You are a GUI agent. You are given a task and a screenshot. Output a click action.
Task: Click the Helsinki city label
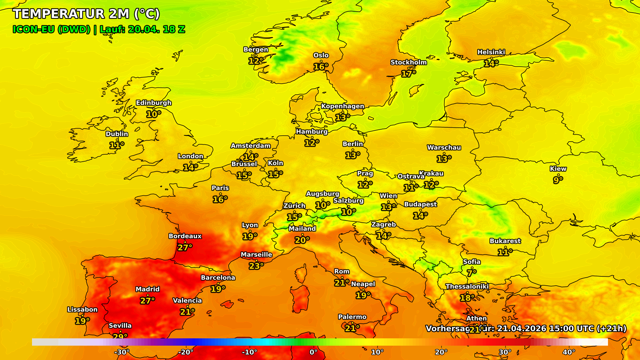point(491,52)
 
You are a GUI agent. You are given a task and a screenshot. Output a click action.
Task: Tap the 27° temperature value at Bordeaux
point(185,247)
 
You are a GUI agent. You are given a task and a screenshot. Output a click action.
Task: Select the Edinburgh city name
point(153,103)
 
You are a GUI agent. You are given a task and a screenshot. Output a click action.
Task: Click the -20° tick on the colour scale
point(185,352)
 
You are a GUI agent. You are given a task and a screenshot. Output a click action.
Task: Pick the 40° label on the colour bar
point(569,352)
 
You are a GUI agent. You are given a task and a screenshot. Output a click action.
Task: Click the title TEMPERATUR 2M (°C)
point(86,14)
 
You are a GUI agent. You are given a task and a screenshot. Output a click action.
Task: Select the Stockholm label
point(408,62)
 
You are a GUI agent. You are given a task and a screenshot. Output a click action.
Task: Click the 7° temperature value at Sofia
point(471,273)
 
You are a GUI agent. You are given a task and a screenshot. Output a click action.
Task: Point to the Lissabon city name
point(82,309)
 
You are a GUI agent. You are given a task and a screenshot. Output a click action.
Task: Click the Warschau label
point(444,147)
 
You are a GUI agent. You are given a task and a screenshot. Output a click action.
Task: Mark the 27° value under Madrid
point(147,301)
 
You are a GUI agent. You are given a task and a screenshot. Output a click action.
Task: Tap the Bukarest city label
point(505,241)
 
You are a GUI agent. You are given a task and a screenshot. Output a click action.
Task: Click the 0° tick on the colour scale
point(313,352)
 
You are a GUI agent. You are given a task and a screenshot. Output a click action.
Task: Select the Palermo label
point(352,317)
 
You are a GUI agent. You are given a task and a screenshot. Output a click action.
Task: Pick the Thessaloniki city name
point(467,286)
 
